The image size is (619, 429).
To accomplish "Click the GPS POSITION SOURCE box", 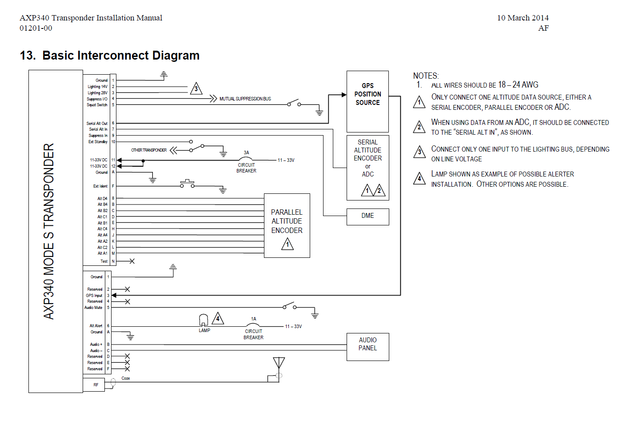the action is (367, 101).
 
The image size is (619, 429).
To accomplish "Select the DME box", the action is (367, 217).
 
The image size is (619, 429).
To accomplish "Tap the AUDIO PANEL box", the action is (367, 347).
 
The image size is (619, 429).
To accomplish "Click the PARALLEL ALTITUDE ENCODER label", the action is (287, 221).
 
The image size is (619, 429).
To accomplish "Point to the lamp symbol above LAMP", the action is (204, 320).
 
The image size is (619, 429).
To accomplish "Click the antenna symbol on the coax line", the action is (279, 363).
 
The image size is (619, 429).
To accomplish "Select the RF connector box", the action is (94, 385).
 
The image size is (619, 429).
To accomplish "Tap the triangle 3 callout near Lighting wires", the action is (196, 88).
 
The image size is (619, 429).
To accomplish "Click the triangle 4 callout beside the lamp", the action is (218, 318).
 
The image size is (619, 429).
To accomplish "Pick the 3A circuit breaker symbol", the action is (245, 158).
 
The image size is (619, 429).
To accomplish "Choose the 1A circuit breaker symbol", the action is (252, 325).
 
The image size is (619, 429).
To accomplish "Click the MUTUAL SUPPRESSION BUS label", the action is (245, 99).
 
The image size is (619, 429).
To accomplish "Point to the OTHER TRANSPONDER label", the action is (149, 150).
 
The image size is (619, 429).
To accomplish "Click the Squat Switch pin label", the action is (97, 105).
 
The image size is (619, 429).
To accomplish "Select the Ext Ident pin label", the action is (100, 186).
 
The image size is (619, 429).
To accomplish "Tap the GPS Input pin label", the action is (94, 296).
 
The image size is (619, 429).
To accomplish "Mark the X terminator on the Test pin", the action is (132, 261).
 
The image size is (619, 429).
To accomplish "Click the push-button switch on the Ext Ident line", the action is (188, 184).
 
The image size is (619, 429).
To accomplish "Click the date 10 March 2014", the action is (523, 18).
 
